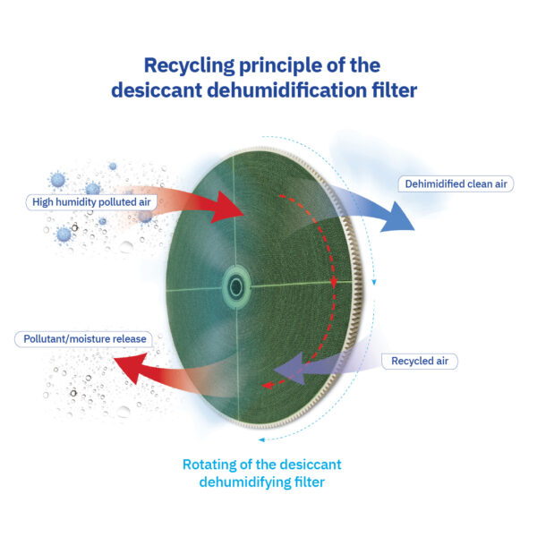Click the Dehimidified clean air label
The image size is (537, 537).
456,183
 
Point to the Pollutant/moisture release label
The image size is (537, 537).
81,339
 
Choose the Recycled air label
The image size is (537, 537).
425,362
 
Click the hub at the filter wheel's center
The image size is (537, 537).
235,287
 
